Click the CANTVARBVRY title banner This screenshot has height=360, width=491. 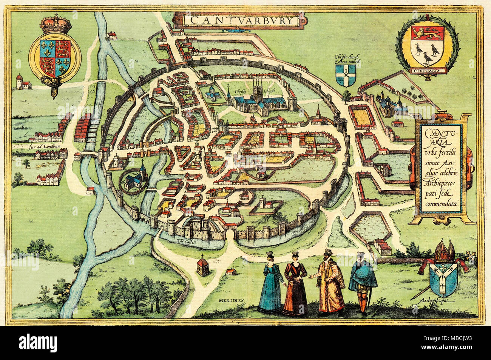coord(240,20)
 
